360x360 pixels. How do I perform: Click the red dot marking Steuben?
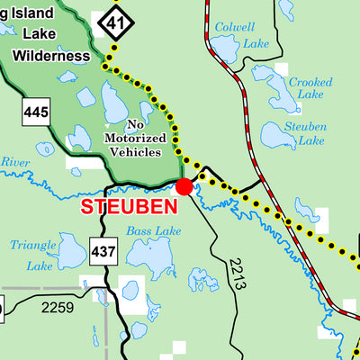pos(184,186)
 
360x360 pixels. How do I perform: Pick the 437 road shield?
pos(103,251)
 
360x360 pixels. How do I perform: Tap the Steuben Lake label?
pos(304,134)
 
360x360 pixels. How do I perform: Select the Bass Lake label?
pos(153,231)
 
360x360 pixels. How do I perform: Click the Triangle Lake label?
pos(33,255)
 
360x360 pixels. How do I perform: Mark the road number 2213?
pos(237,273)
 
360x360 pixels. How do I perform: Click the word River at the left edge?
pos(14,162)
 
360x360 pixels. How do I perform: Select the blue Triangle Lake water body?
pos(71,252)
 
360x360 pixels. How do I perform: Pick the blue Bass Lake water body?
pos(149,256)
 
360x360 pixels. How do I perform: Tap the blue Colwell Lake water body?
pos(224,47)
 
